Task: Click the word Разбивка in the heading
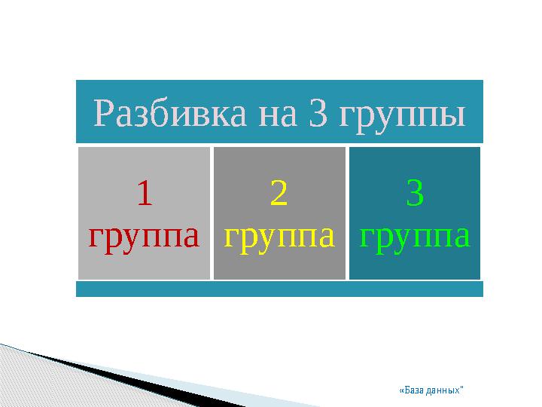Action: click(169, 113)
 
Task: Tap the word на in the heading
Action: click(278, 116)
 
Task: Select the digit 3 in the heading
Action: click(318, 113)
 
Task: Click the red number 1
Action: click(145, 193)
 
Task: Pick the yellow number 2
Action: click(279, 193)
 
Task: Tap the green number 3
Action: click(415, 193)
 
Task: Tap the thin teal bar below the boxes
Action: click(279, 289)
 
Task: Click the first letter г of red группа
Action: click(97, 237)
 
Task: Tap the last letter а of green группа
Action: click(461, 237)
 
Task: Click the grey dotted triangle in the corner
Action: click(52, 384)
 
